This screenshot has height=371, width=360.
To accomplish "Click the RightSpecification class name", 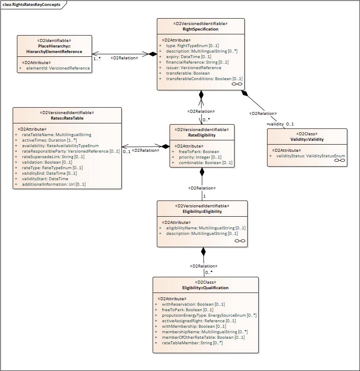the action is (201, 29).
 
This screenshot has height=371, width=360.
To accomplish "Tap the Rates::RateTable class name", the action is (67, 118).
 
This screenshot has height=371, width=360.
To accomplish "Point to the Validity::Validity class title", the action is (307, 139).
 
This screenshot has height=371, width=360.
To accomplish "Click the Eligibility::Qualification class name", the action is (206, 288).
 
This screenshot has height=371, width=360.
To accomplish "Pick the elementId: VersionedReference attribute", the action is (58, 68).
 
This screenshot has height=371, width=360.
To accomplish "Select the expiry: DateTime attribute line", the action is (189, 56).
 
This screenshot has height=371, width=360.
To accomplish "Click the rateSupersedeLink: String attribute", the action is (53, 156).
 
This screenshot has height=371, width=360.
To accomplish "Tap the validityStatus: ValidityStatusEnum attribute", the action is (310, 156).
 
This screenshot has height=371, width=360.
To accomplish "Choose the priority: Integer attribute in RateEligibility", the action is (200, 157).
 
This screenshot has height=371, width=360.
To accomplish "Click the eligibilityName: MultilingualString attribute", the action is (206, 228).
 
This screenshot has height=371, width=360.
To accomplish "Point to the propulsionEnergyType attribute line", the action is (209, 315).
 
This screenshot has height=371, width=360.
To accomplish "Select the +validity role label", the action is (275, 124).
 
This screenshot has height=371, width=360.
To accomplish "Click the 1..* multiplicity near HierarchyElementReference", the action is (97, 59).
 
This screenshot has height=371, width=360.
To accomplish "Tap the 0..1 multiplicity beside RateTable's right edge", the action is (127, 151).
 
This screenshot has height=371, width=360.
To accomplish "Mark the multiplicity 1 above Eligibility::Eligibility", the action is (204, 196).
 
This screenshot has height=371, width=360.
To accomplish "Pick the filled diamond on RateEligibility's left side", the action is (165, 146).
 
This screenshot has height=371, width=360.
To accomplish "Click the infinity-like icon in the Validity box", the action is (340, 160).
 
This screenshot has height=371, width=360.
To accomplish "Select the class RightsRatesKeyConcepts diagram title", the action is (31, 5).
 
